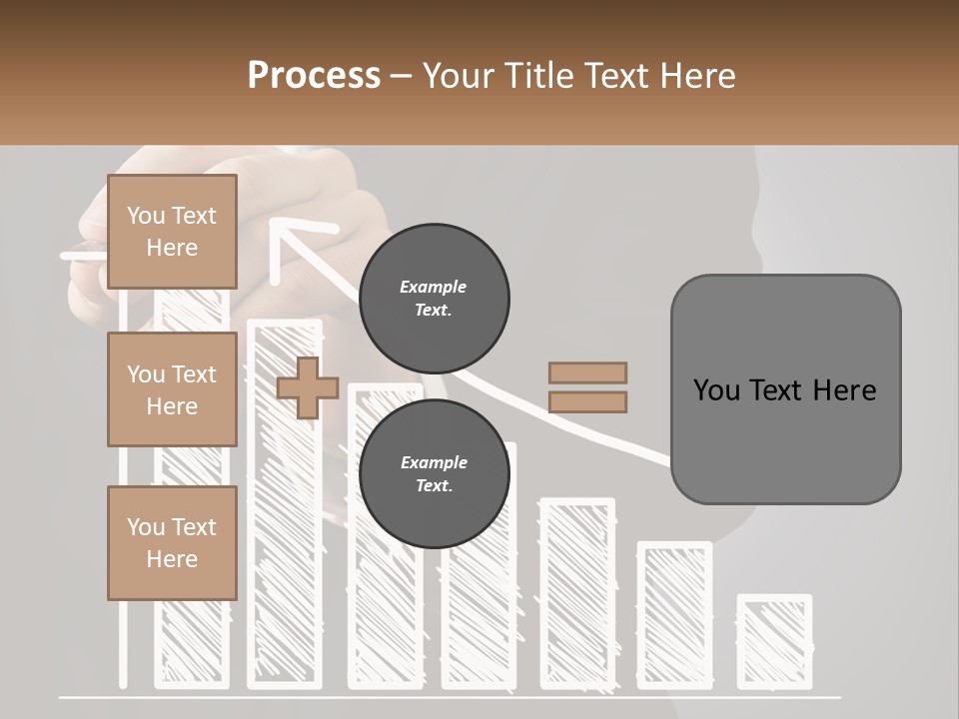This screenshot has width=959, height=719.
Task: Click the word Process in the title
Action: [314, 75]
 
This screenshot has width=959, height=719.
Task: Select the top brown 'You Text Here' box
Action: [172, 232]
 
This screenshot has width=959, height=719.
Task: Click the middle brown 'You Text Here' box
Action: [172, 389]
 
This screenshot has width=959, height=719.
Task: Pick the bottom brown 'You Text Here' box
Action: [172, 542]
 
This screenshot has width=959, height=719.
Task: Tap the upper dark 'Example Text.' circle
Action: [434, 299]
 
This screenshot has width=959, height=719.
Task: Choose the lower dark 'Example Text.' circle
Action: [434, 474]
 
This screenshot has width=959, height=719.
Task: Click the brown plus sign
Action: [307, 388]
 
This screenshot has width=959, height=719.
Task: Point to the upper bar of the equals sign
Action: [587, 373]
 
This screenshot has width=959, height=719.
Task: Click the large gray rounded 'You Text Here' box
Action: [785, 389]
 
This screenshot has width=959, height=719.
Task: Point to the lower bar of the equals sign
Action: [587, 402]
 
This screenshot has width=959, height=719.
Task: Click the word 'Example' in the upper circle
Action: [434, 287]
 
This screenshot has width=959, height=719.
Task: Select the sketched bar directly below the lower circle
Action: [479, 599]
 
